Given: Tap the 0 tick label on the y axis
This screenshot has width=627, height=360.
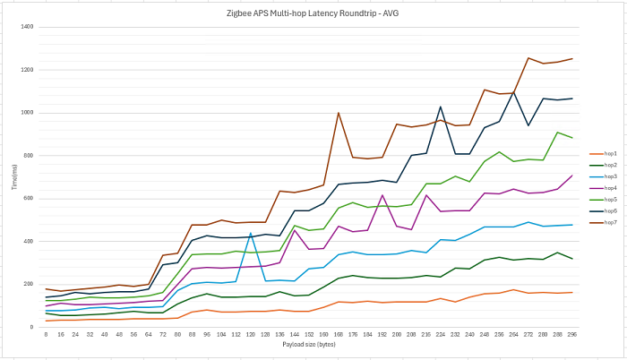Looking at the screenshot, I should point(31,328).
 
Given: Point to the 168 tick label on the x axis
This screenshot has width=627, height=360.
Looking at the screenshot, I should point(338,334).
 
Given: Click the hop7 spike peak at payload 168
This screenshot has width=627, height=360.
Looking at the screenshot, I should point(338,113).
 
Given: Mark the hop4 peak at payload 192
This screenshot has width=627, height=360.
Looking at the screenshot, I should point(382,195).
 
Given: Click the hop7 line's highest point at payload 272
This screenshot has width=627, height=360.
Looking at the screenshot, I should point(528,58).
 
